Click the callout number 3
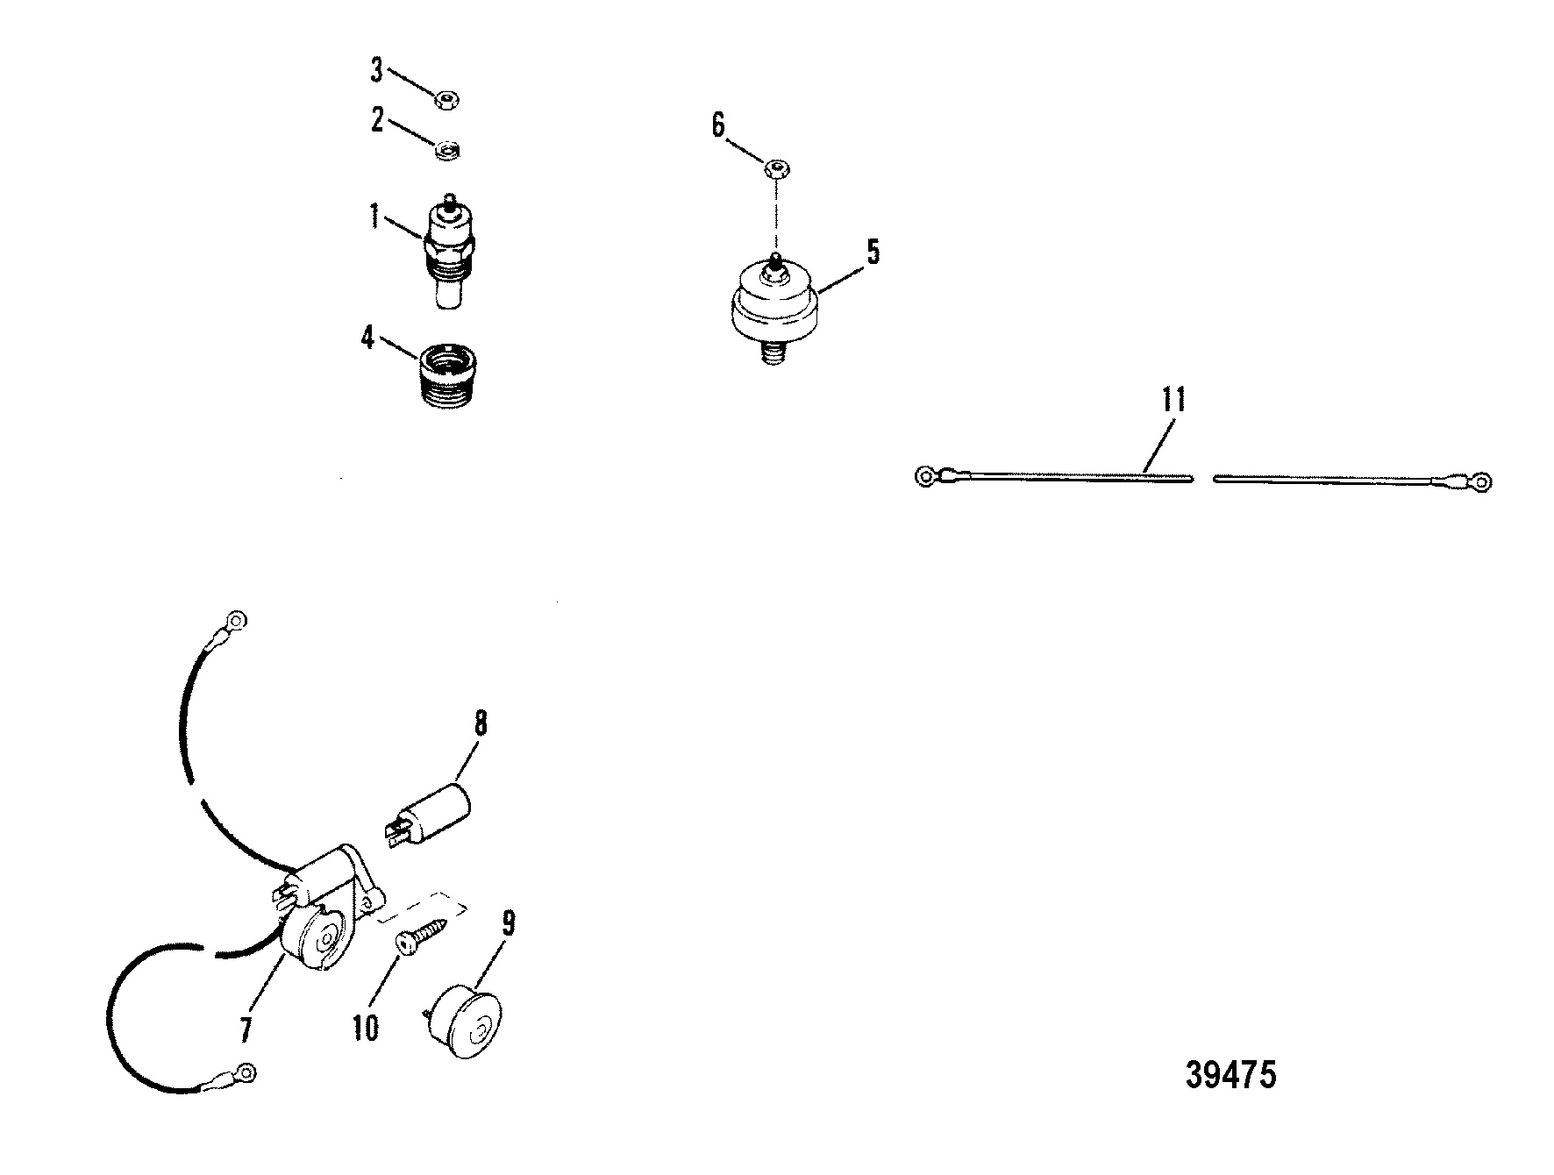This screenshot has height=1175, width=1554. pyautogui.click(x=376, y=70)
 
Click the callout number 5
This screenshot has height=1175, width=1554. pyautogui.click(x=873, y=252)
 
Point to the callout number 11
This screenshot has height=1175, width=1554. pyautogui.click(x=1173, y=399)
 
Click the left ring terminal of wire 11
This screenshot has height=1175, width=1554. pyautogui.click(x=926, y=477)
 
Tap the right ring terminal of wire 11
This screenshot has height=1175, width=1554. pyautogui.click(x=1481, y=481)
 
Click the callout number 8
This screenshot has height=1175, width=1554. pyautogui.click(x=480, y=724)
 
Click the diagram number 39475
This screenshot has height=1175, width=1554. pyautogui.click(x=1230, y=1075)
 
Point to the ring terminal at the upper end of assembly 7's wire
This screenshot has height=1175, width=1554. pyautogui.click(x=235, y=621)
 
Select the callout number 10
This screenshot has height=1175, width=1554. pyautogui.click(x=366, y=1028)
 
